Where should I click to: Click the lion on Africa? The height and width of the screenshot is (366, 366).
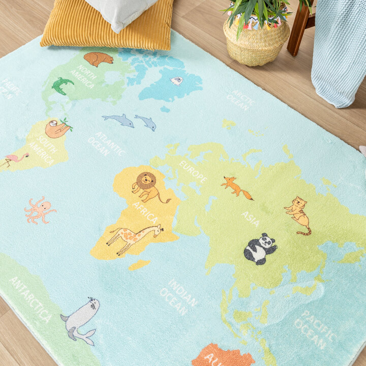coord(148,186)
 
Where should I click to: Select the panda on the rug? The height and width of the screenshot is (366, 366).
coord(260,249)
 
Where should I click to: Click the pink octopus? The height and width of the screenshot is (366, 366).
coord(40,209)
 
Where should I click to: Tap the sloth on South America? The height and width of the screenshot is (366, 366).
coord(57,129)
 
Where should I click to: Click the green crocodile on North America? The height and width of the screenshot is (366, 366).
coord(62,85)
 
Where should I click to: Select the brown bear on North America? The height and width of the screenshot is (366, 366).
coord(99,59)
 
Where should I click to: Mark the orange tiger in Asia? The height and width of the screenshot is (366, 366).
coord(298,214)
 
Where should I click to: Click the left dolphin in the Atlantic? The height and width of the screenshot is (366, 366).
coord(118,120)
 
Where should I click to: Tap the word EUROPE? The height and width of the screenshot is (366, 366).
coord(193,172)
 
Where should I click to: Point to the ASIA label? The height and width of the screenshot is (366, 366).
coord(251,219)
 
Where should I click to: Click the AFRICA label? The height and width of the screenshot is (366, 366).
coord(145,211)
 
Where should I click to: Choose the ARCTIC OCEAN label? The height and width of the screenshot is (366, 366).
coord(241,100)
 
